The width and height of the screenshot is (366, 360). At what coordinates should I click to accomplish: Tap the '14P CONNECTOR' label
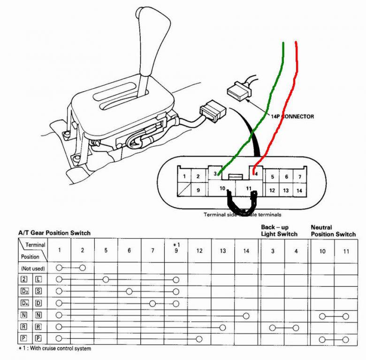[x=293, y=116]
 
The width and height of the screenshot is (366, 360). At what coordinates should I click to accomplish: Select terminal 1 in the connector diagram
[x=185, y=176]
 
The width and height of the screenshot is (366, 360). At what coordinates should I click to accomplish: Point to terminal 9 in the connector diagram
[x=198, y=190]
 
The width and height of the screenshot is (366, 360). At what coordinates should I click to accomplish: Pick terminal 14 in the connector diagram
[x=300, y=191]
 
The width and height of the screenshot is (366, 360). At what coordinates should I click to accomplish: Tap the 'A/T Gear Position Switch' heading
[x=54, y=232]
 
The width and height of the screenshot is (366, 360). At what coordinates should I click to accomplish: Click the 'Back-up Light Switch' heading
[x=279, y=231]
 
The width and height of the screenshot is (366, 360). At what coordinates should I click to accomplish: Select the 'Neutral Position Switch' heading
[x=333, y=231]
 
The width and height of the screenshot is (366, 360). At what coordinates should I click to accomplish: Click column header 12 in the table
[x=199, y=251]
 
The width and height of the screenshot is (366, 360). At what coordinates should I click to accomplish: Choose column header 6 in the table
[x=129, y=251]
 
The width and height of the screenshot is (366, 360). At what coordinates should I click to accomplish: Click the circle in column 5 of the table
[x=106, y=279]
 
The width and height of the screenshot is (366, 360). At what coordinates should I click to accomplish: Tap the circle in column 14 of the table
[x=246, y=315]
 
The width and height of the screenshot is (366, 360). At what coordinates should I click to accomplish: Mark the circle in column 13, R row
[x=222, y=327]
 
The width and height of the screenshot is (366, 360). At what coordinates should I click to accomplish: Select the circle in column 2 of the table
[x=83, y=268]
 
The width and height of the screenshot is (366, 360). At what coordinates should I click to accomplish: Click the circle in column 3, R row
[x=272, y=327]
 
